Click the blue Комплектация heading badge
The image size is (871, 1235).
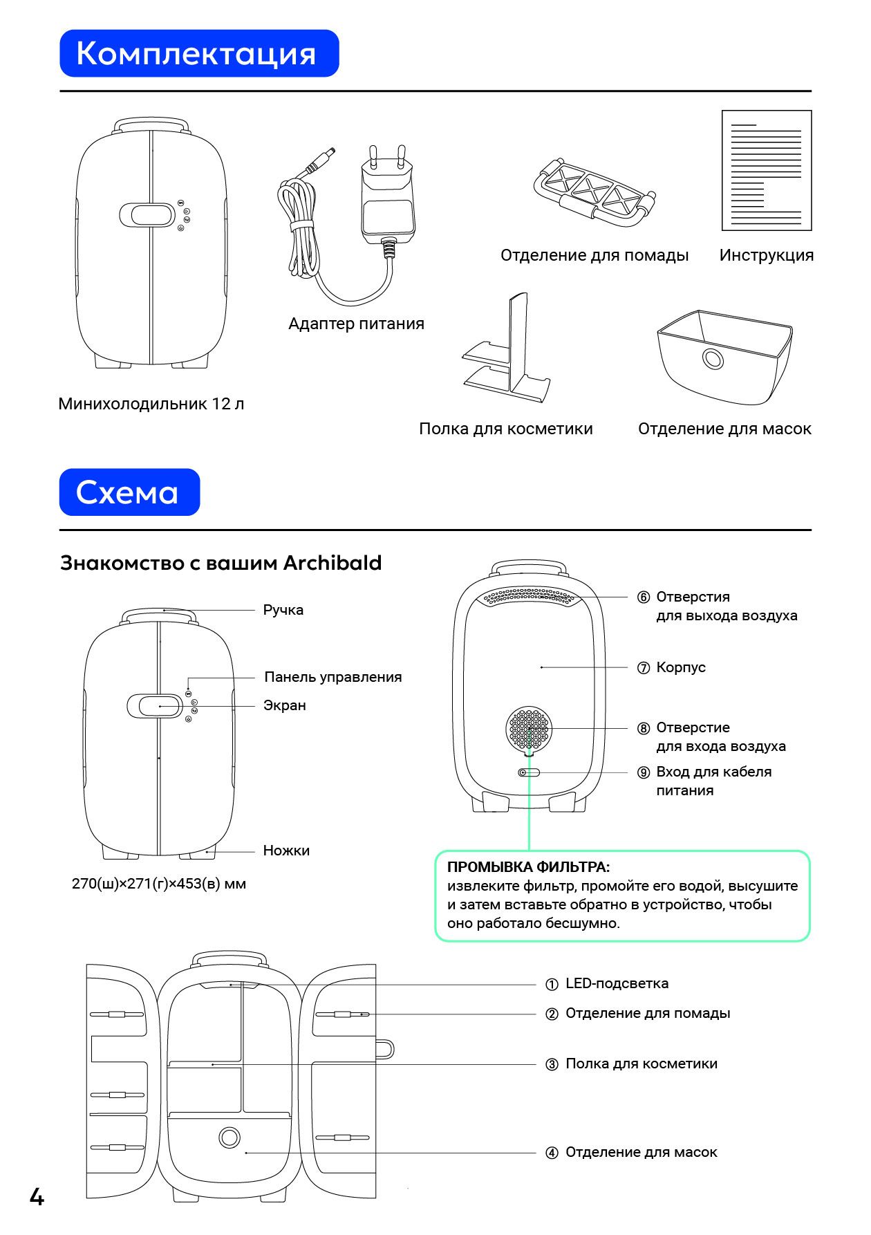pos(199,53)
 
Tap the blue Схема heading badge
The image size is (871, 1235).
pos(129,492)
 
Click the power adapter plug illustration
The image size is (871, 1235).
pos(387,197)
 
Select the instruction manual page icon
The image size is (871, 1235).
pos(767,170)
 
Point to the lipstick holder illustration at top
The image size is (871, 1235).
pos(594,189)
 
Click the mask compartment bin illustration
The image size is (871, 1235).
pos(724,357)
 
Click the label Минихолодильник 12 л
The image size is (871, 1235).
pos(151,404)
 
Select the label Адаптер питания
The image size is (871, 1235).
pos(356,324)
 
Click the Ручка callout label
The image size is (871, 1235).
pos(283,610)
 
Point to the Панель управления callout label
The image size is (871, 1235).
pos(333,677)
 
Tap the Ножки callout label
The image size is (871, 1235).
pos(286,851)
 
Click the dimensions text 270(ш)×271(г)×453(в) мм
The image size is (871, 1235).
pos(159,884)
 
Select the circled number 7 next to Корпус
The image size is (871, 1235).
pos(644,668)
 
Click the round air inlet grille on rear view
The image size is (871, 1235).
pos(529,728)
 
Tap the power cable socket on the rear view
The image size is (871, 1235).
pos(529,772)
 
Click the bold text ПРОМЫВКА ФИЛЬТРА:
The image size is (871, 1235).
pos(529,867)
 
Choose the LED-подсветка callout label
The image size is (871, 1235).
pos(617,983)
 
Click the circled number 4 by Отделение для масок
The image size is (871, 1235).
pos(552,1153)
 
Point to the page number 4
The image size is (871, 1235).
pos(37,1197)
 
